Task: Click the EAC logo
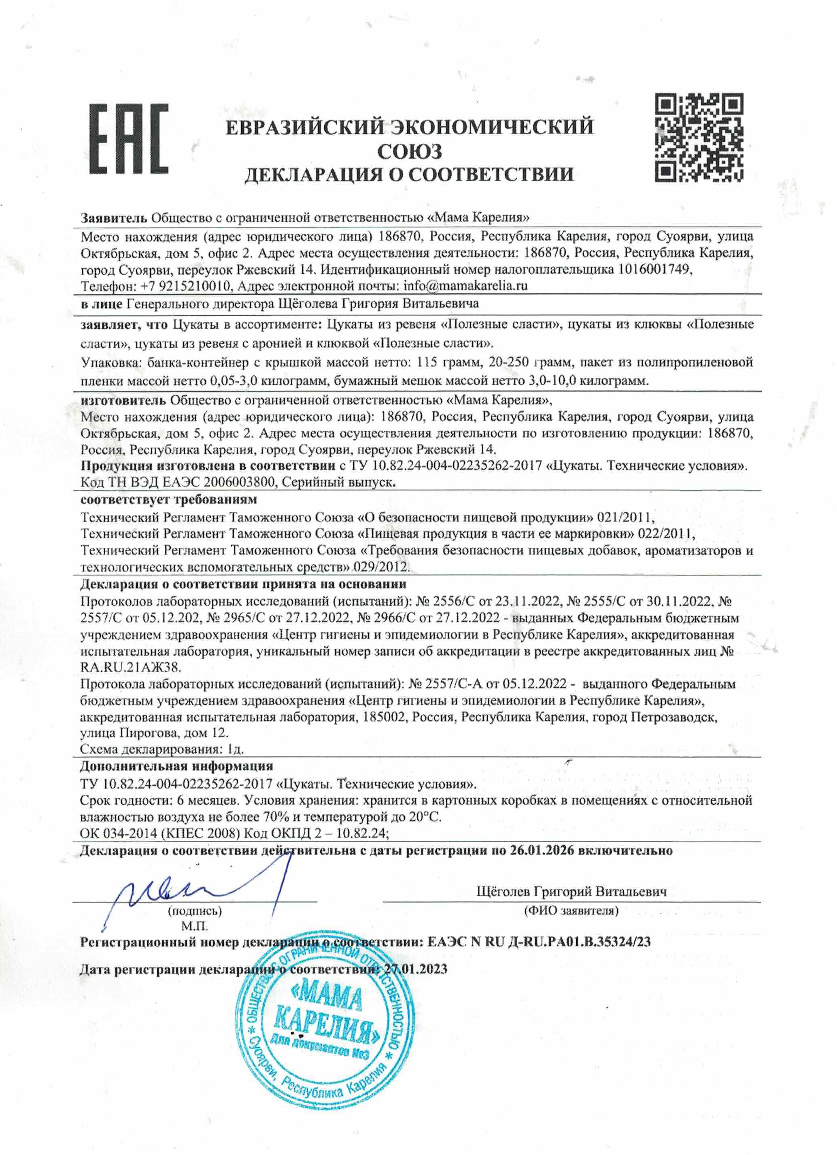pos(129,138)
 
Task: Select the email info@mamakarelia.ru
pos(465,286)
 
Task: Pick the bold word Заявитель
pos(114,217)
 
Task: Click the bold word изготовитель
pos(123,400)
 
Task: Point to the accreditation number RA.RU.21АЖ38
pos(131,667)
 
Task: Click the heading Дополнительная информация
pos(176,766)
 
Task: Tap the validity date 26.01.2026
pos(542,851)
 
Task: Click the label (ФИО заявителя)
pos(571,910)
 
